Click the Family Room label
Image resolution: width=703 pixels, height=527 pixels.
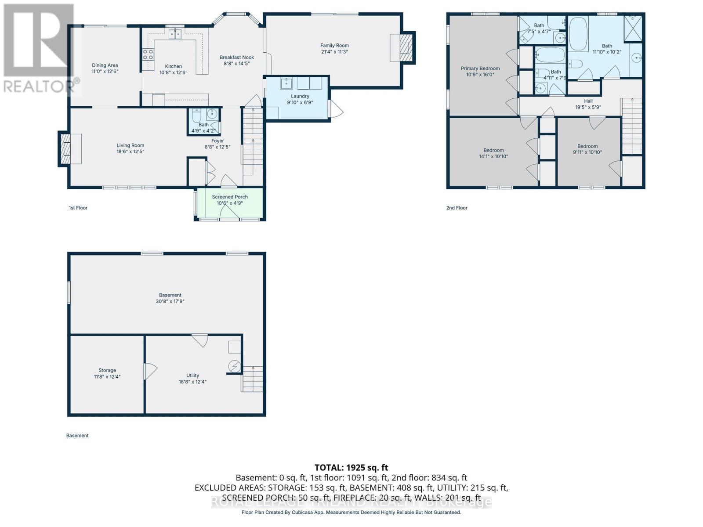334,45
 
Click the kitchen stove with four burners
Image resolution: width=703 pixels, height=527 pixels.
148,54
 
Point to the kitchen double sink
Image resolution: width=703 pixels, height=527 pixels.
174,34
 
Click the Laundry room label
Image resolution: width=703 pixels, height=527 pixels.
300,96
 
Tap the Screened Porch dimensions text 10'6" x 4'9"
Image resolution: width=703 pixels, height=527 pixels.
230,203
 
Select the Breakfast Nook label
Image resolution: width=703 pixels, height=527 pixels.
237,57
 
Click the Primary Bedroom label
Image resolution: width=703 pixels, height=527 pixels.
480,69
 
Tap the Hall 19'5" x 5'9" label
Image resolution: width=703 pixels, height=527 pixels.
588,104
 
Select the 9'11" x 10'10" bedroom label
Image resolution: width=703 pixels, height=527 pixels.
587,149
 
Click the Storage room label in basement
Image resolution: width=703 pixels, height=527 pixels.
107,370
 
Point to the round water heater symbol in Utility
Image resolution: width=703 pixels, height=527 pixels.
235,365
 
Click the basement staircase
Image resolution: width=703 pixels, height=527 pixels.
252,379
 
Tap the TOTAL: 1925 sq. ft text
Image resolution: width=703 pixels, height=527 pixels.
351,468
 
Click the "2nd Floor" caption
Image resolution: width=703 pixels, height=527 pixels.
457,208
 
